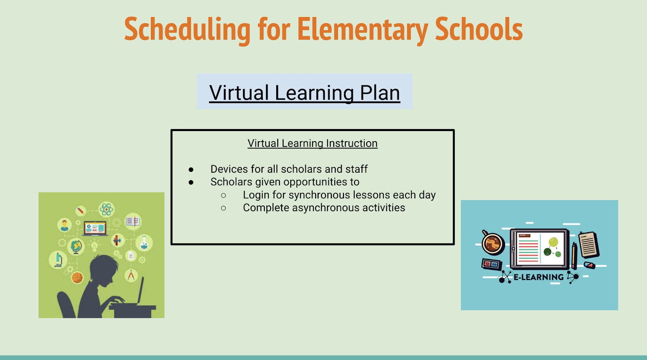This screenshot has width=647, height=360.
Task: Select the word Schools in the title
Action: coord(479,28)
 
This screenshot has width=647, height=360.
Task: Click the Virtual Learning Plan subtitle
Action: coord(305,93)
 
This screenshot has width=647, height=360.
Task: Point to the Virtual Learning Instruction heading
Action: coord(313,143)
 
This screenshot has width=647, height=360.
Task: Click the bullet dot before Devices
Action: coord(191,169)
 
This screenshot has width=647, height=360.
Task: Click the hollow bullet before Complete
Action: coord(223,208)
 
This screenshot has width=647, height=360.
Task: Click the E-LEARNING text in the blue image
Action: coord(539,277)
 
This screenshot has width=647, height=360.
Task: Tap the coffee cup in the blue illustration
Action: coord(493,243)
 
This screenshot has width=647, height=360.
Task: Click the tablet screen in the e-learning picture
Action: coord(540,248)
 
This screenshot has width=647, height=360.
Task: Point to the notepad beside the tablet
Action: coord(589,244)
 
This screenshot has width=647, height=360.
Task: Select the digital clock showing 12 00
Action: coord(491,264)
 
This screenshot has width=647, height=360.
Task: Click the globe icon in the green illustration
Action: coord(76,246)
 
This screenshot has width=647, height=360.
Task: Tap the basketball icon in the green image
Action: coord(77,277)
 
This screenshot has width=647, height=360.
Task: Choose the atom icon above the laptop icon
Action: coord(106,209)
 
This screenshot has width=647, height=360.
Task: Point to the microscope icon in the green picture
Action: coord(58,260)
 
